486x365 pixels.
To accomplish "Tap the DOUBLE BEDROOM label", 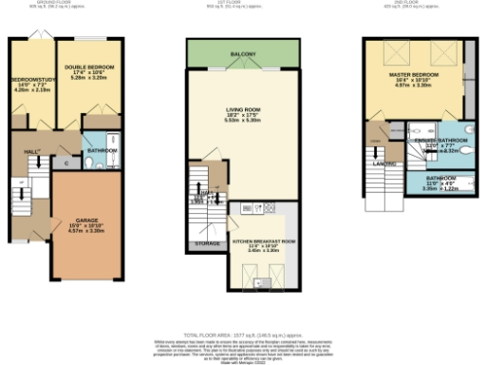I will [x=89, y=67].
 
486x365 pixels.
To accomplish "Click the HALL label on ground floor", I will [x=29, y=150].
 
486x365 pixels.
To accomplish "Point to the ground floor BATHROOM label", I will [x=103, y=150].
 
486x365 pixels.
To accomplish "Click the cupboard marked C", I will [x=65, y=164].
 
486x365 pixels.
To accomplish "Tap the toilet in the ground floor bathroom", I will [x=88, y=163].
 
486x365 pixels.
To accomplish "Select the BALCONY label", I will [x=243, y=55].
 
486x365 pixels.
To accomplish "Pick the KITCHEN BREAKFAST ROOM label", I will [x=265, y=241].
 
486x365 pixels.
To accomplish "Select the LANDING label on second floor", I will [x=385, y=163].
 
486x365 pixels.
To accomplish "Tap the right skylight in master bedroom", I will [x=440, y=52].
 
